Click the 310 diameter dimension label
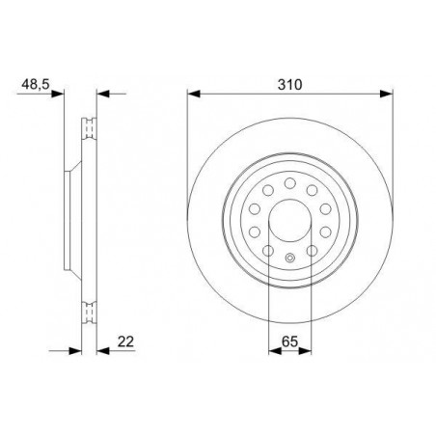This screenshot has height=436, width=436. point(290,85)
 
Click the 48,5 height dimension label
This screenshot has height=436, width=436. point(36,85)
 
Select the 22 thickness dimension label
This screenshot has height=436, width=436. point(125,341)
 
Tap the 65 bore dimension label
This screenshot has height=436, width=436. point(289,341)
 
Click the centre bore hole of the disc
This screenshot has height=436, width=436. point(290,221)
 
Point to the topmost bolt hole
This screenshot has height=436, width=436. point(290,183)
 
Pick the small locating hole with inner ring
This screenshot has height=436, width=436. point(290,258)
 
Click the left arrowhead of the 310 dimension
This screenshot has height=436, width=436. point(194,94)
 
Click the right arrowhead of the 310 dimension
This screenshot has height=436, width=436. point(386,94)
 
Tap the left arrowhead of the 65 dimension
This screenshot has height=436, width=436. point(275,351)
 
